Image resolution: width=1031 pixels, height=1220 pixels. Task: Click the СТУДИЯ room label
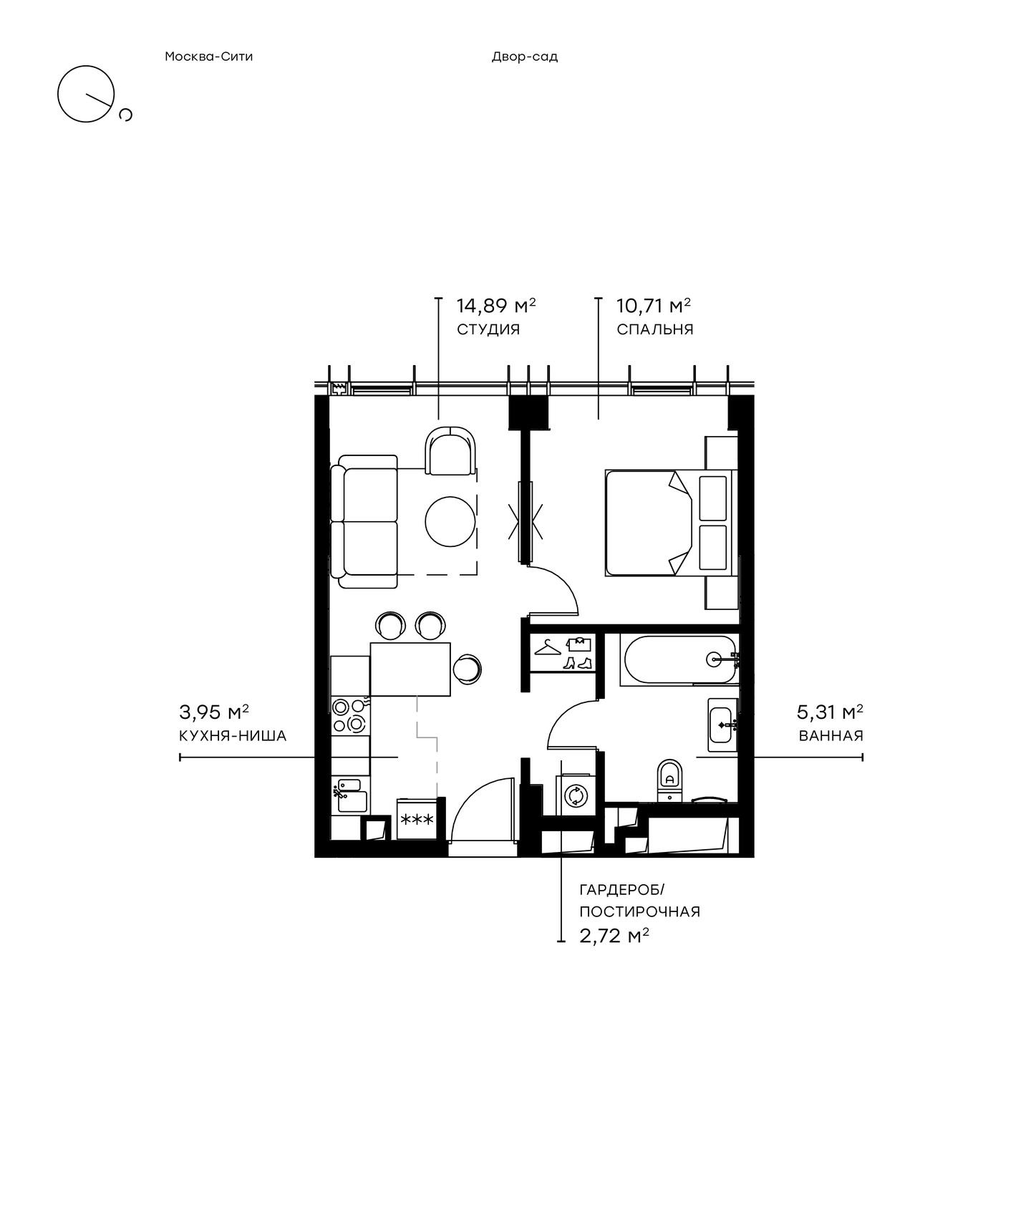(x=488, y=329)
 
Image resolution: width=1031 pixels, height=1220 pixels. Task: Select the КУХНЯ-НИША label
(x=233, y=735)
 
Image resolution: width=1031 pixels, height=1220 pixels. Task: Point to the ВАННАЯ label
(x=831, y=735)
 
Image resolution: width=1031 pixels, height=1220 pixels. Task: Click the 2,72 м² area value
(x=614, y=936)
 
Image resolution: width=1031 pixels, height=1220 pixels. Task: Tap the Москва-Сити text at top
(x=209, y=57)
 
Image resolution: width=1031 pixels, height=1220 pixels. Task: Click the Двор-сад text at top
(x=525, y=57)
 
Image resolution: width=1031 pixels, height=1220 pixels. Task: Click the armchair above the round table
(x=452, y=450)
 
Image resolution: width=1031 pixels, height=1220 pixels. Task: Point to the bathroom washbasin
(x=722, y=725)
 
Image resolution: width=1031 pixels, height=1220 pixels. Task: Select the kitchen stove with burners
(x=349, y=715)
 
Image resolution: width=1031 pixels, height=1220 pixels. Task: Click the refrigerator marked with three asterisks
(x=416, y=819)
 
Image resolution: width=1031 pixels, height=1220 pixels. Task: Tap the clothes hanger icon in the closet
(x=548, y=647)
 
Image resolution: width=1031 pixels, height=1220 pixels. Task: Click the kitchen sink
(x=351, y=794)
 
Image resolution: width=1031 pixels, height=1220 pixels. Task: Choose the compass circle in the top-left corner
(x=87, y=94)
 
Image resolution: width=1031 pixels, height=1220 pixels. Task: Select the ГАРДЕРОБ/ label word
(x=622, y=890)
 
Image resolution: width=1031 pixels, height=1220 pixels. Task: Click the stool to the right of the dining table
(x=467, y=669)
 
